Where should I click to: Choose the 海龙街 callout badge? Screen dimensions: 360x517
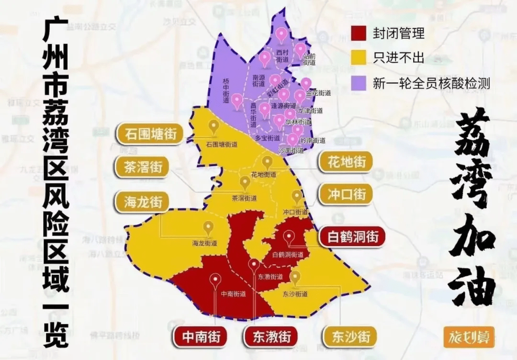(142, 202)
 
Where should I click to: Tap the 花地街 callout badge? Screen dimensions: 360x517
(347, 162)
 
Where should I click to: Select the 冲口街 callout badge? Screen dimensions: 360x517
(347, 194)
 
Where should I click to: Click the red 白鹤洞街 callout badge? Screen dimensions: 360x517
(352, 236)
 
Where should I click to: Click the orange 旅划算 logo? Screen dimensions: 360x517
(469, 337)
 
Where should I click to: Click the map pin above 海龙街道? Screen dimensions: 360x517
(208, 227)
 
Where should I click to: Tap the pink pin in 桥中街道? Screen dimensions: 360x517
(237, 100)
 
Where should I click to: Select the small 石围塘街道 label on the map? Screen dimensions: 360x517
(222, 144)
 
